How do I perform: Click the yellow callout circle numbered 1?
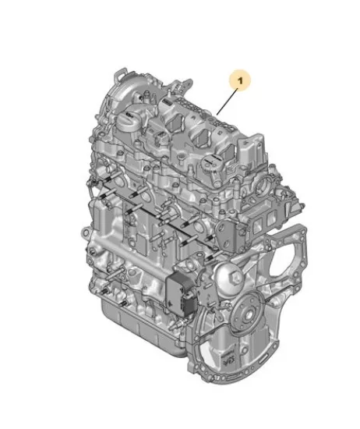pos(240,80)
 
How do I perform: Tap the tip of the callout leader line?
pos(217,115)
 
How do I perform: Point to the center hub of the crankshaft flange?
pos(249,315)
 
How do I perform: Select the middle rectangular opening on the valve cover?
pos(203,137)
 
